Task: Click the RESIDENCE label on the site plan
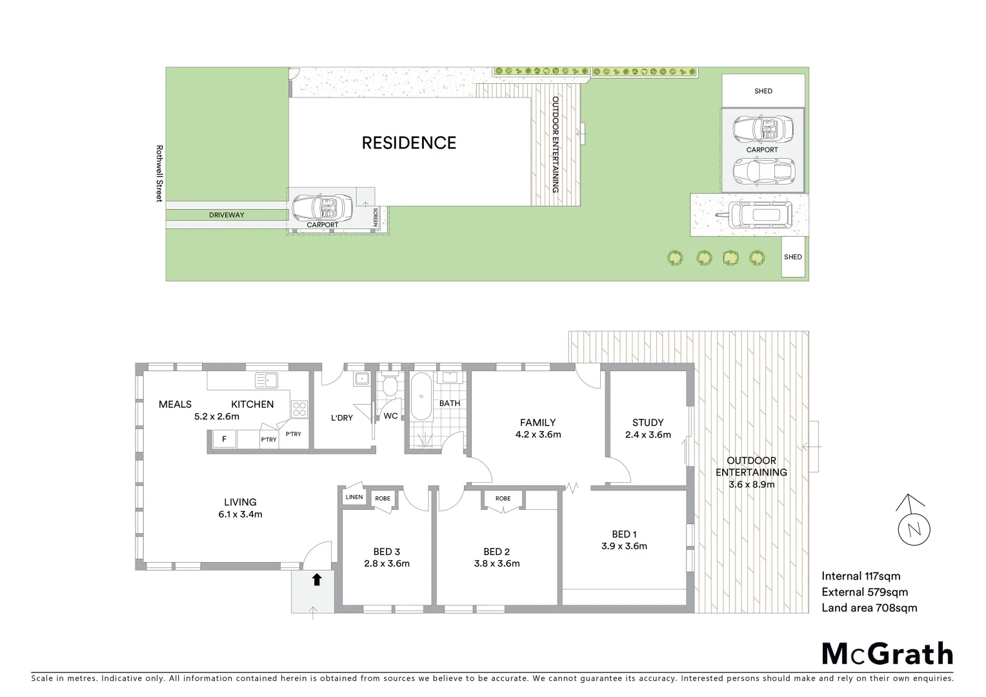tap(408, 143)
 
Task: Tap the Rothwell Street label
tap(159, 173)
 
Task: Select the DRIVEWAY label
tap(226, 215)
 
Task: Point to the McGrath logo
tap(887, 654)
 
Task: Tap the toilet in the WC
tap(389, 385)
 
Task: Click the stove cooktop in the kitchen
tap(299, 408)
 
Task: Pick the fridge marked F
tap(224, 439)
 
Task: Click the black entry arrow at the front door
tap(316, 580)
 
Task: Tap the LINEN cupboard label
tap(354, 498)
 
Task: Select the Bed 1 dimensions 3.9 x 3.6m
tap(624, 546)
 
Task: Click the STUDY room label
tap(648, 423)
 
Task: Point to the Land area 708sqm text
tap(869, 607)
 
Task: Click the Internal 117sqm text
tap(861, 576)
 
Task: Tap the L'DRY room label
tap(341, 418)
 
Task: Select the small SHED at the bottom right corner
tap(793, 257)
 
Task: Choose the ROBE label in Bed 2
tap(503, 498)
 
